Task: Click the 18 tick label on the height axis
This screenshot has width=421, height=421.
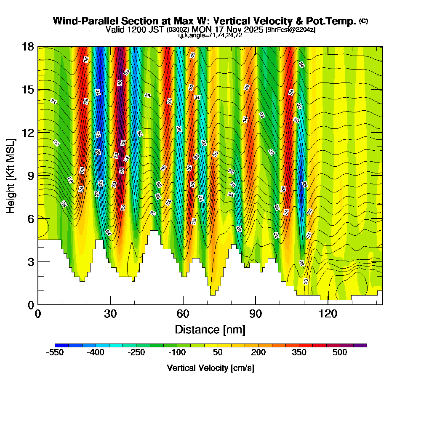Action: coord(27,46)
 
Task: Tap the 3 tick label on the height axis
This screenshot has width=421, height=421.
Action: coord(31,262)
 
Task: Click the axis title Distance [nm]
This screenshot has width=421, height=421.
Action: coord(210,329)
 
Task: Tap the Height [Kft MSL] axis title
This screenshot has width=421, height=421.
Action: coord(11,175)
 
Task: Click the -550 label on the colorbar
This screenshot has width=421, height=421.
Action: coord(54,353)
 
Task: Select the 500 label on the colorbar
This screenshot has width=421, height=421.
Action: coord(340,353)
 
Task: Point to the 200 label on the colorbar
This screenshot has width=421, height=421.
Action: coord(258,353)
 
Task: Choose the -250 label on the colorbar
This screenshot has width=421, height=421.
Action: coord(136,353)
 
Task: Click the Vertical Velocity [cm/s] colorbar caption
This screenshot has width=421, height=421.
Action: coord(210,368)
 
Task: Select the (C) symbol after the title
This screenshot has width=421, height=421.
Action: coord(364,21)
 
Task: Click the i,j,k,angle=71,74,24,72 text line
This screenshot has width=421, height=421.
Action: coord(210,35)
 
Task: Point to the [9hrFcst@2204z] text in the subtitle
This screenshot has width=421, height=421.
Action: coord(290,30)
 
